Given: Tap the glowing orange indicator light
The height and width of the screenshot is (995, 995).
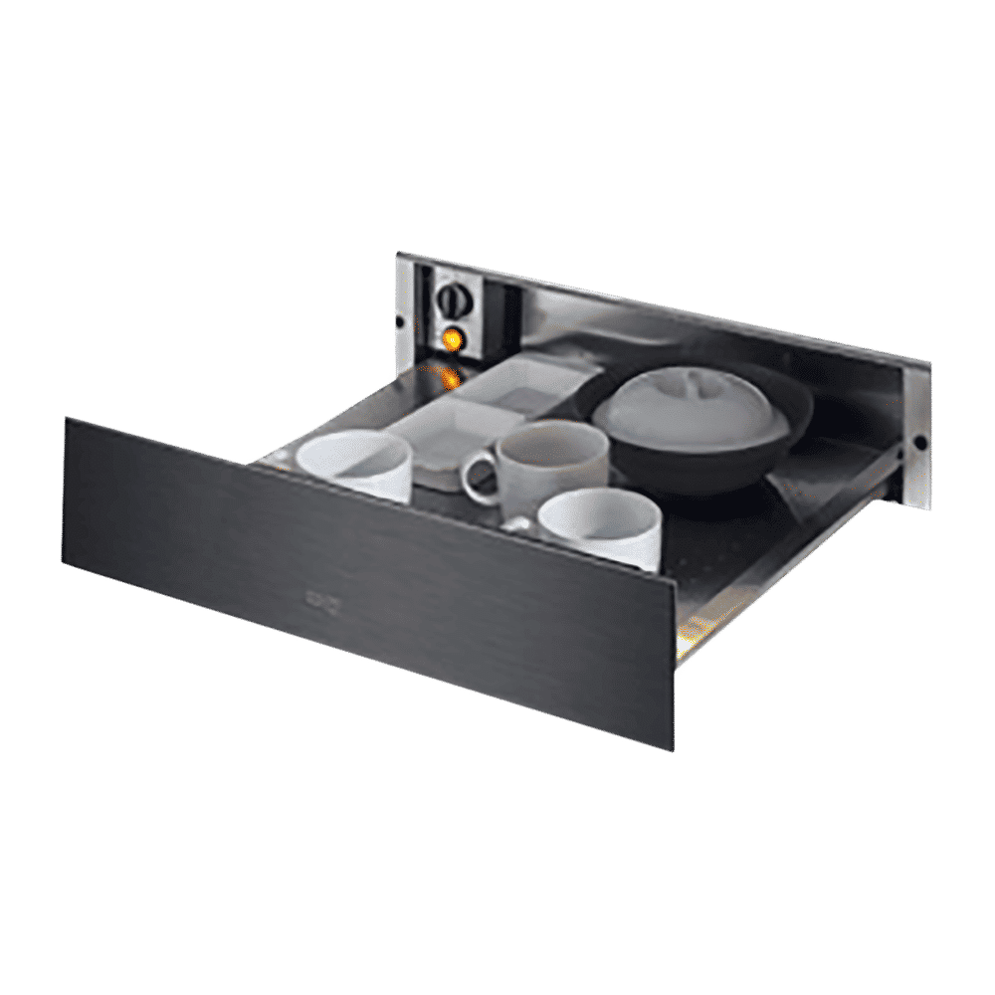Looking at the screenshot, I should click(453, 339).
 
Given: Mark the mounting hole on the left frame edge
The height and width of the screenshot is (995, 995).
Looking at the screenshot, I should click(401, 322).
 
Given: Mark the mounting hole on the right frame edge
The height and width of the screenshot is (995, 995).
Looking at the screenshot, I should click(920, 441).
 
